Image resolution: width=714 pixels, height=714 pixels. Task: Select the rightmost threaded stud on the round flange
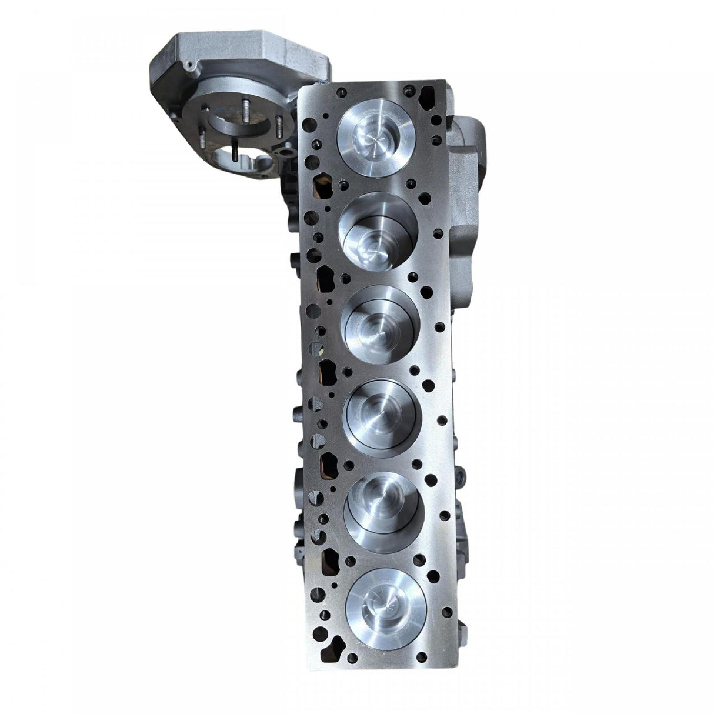click(x=279, y=125)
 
